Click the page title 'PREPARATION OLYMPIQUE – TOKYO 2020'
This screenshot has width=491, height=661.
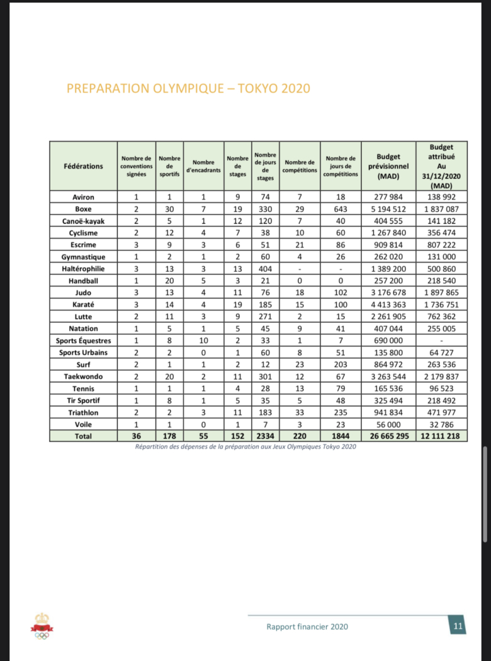(x=188, y=88)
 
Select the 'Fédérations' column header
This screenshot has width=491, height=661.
(x=83, y=166)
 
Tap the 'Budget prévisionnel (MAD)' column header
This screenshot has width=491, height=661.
(x=388, y=166)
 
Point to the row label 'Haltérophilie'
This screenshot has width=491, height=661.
(x=83, y=269)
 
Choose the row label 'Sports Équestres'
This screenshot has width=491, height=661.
(x=83, y=341)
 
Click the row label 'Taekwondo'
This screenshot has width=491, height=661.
(x=83, y=376)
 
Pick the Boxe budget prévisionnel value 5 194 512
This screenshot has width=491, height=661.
(x=388, y=209)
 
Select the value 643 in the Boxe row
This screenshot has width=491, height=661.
(x=341, y=209)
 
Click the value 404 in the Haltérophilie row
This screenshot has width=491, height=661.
(x=265, y=269)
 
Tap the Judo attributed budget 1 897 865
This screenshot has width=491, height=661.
(x=441, y=293)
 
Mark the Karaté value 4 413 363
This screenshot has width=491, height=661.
(x=388, y=305)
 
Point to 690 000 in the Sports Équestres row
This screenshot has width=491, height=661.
(x=388, y=341)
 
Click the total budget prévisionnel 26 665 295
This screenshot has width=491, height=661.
(x=388, y=436)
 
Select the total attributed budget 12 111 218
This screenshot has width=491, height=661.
(x=441, y=436)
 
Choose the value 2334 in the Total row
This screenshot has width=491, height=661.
(x=265, y=436)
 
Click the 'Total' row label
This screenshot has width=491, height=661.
(x=83, y=436)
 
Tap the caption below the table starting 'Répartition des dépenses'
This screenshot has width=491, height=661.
(x=245, y=447)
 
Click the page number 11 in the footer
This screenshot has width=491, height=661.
(x=458, y=626)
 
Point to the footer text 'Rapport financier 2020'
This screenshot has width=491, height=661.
(x=307, y=626)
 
